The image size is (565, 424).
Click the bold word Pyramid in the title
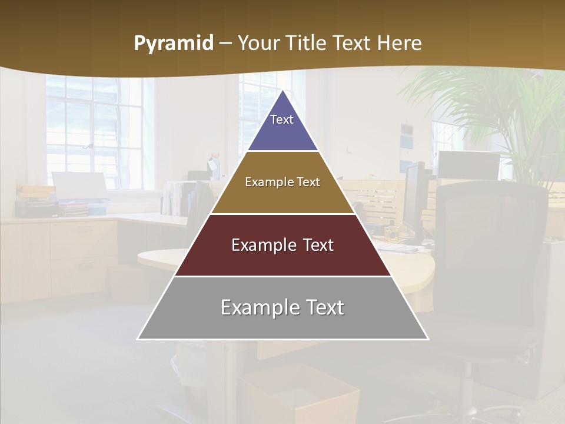[174, 43]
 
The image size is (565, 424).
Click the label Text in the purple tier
[282, 120]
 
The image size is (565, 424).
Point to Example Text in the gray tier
[282, 307]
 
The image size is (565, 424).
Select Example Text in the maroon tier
[282, 245]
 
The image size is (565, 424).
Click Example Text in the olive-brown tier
[282, 182]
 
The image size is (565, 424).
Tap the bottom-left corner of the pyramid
[138, 339]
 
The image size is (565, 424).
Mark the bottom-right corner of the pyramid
[428, 339]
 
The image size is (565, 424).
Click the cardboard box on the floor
[300, 395]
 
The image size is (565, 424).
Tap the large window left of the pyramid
[94, 130]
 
